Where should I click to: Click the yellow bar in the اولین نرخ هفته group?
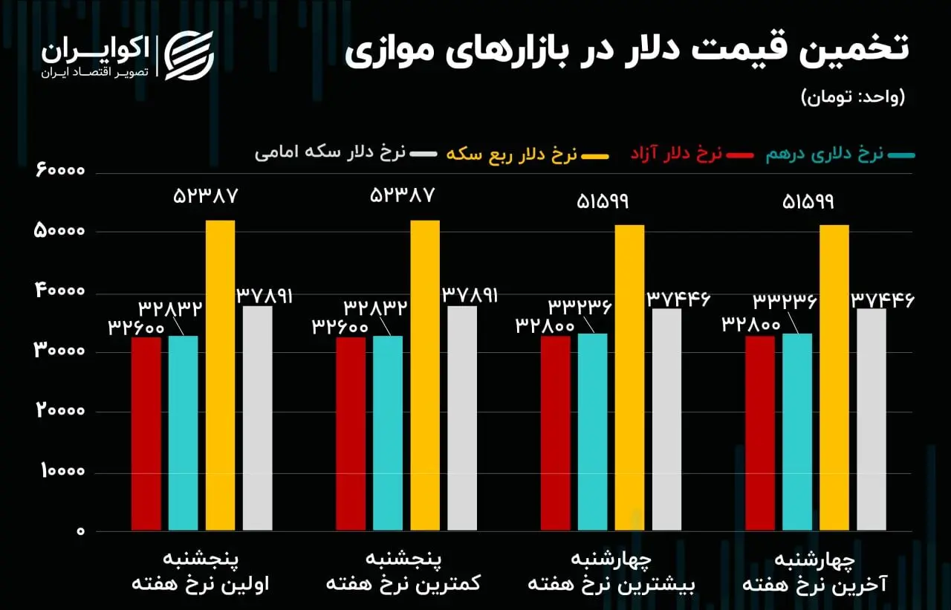(221, 375)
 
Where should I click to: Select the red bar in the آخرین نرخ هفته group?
(760, 433)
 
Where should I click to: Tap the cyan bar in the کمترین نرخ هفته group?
(388, 433)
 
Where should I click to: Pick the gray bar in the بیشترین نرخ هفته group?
(667, 419)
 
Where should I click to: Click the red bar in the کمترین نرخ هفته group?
(351, 434)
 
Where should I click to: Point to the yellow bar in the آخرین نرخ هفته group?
(834, 377)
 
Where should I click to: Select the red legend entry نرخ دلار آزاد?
(692, 155)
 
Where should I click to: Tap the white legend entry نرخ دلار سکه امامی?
(346, 153)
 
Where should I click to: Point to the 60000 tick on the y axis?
(60, 170)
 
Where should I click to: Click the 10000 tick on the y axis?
(63, 471)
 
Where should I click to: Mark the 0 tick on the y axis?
(81, 531)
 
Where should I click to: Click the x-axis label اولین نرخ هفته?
(201, 584)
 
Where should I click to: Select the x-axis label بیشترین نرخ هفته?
(611, 585)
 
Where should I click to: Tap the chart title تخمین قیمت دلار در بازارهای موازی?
(626, 51)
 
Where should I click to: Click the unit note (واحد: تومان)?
(854, 97)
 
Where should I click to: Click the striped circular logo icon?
(189, 56)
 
